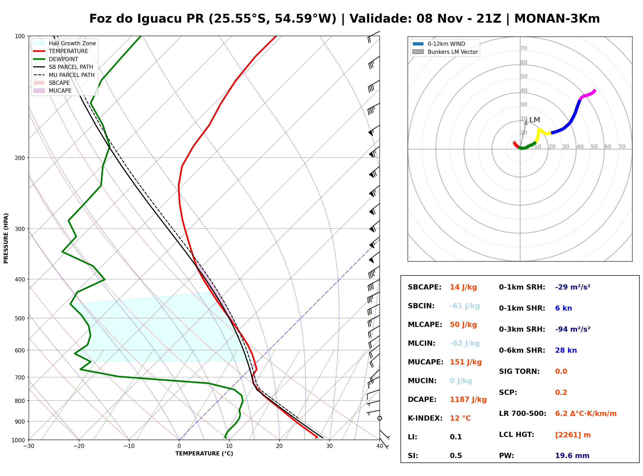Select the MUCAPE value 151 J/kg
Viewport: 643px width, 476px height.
(x=466, y=362)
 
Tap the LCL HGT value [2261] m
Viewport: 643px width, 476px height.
(x=573, y=435)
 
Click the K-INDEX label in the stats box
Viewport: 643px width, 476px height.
(x=425, y=418)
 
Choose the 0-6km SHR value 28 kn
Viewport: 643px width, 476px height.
(x=566, y=350)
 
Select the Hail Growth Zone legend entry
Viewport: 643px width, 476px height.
(x=65, y=43)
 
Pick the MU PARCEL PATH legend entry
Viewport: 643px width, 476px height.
(x=64, y=75)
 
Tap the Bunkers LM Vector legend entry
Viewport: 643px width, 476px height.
(x=445, y=52)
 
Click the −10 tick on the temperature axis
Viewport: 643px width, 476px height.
(x=129, y=446)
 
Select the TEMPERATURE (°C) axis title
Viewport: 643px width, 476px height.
(x=204, y=454)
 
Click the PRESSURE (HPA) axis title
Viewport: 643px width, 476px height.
(x=6, y=238)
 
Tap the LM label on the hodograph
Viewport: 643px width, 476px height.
(x=534, y=120)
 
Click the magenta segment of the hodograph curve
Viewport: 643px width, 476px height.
(x=587, y=94)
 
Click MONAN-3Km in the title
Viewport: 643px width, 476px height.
(x=557, y=19)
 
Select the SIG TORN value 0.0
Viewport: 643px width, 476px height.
(x=561, y=371)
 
